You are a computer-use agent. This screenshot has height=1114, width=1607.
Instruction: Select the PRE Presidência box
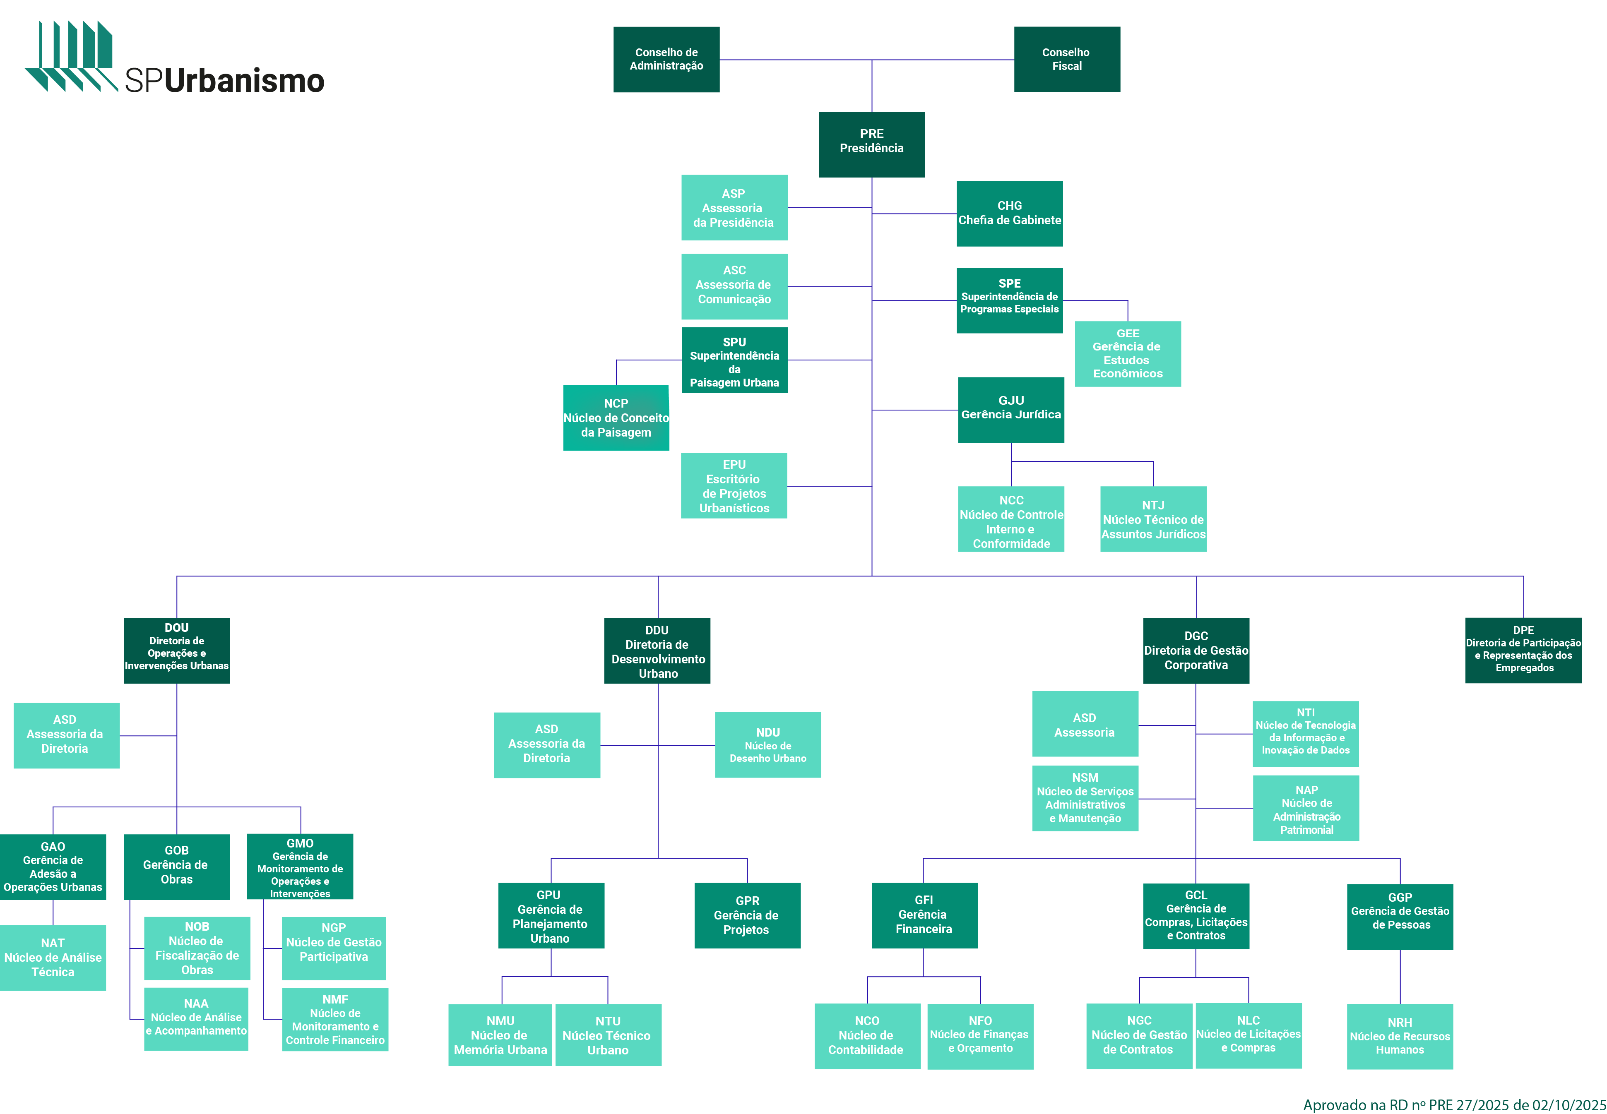[x=871, y=144]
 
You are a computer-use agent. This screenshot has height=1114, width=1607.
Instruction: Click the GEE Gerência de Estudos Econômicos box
[x=1127, y=354]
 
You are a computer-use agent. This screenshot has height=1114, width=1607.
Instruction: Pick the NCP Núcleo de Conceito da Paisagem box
[x=616, y=418]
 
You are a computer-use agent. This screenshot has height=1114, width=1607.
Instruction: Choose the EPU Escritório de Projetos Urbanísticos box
[x=734, y=486]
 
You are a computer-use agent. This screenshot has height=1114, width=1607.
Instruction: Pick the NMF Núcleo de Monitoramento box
[x=334, y=1019]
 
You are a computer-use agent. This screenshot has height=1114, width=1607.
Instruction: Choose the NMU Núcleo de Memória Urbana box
[x=500, y=1035]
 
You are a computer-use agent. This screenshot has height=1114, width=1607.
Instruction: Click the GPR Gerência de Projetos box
[x=747, y=915]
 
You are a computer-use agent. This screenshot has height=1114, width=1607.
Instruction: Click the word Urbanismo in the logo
[x=244, y=81]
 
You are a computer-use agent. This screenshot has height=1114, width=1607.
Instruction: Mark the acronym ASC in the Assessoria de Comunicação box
[x=734, y=270]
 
